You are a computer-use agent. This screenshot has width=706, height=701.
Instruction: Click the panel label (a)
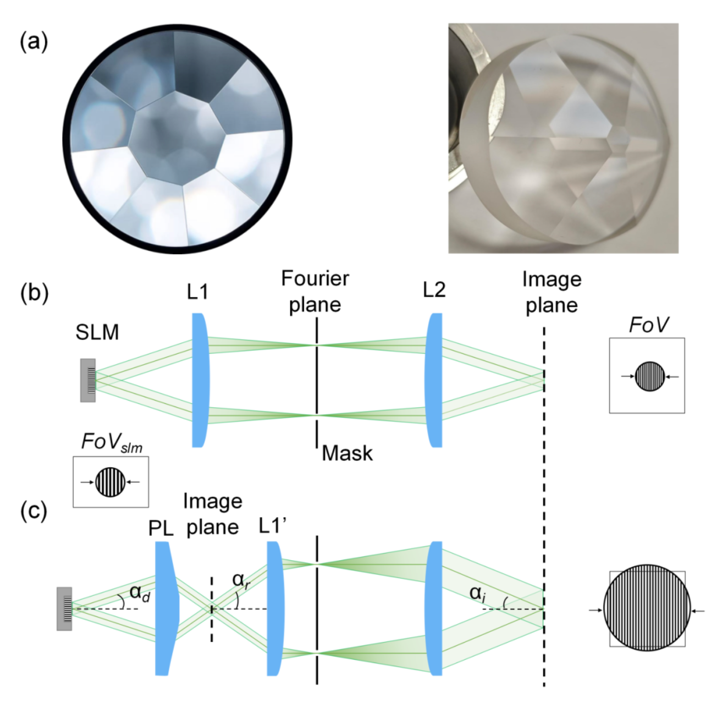[34, 42]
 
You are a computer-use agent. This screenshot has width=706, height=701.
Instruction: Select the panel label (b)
[34, 293]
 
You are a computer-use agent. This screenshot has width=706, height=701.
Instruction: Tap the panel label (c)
[34, 510]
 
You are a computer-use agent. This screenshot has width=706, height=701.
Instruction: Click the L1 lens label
[197, 292]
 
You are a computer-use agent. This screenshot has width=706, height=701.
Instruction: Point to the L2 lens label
[434, 290]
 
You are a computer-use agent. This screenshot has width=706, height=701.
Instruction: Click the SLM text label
[97, 332]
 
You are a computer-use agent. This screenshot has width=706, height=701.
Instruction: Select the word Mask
[347, 453]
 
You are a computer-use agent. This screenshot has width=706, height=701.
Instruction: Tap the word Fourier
[315, 278]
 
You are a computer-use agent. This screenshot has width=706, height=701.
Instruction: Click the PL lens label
[161, 528]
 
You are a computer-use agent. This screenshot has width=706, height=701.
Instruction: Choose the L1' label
[273, 526]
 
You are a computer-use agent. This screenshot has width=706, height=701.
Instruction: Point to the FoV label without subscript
[648, 325]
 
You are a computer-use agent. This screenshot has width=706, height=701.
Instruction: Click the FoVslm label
[112, 442]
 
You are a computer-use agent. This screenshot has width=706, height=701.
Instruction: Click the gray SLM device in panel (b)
[88, 380]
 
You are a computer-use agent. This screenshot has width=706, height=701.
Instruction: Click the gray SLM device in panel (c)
[64, 609]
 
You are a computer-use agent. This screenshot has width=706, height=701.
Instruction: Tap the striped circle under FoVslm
[111, 482]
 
